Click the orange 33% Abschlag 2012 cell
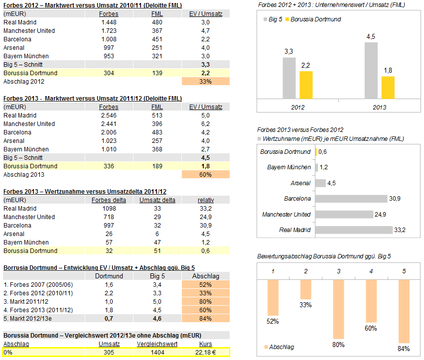pos(206,81)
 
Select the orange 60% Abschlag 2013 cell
pos(206,174)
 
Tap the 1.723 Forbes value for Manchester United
pos(109,31)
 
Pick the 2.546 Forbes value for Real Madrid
pos(109,115)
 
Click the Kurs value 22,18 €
pos(206,353)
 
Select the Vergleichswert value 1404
pos(157,353)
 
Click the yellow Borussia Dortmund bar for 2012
pos(306,85)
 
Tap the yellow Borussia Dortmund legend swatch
pos(286,19)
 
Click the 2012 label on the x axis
pos(297,107)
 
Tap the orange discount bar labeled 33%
pos(305,289)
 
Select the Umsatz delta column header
pos(157,200)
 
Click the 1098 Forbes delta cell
pos(109,209)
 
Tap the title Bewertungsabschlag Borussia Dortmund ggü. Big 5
pos(324,256)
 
